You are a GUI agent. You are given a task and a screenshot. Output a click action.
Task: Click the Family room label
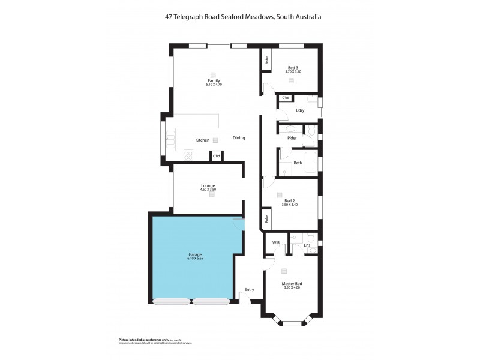[214, 80]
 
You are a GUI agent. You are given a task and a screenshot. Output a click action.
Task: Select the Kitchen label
[202, 140]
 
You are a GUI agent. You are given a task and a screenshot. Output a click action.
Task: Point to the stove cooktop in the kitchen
[188, 155]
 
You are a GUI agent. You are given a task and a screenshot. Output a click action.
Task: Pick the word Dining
[239, 138]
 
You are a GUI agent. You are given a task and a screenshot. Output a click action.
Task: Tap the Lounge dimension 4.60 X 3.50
[208, 190]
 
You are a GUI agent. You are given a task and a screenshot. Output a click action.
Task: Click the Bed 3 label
[293, 67]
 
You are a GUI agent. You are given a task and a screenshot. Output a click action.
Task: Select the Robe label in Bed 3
[266, 61]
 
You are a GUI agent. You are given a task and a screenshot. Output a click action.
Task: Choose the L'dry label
[300, 110]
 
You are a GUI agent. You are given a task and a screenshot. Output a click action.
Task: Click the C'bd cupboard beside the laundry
[286, 98]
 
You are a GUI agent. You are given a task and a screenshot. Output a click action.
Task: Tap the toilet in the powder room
[310, 130]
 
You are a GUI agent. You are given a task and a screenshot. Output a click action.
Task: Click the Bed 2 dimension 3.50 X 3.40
[290, 205]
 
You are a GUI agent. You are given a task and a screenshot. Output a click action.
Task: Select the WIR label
[276, 243]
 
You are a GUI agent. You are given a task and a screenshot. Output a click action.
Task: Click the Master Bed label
[292, 283]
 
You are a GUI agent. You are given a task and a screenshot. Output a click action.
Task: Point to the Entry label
[249, 290]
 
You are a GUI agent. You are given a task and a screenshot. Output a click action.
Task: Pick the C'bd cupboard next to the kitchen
[216, 157]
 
